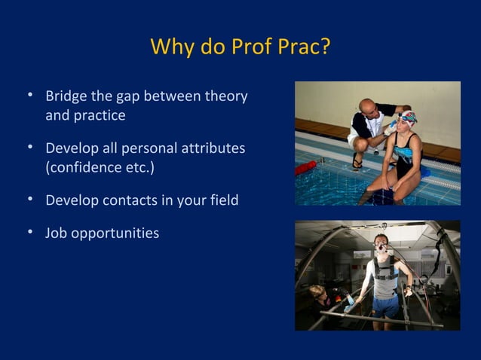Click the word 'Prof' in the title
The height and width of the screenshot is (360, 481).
click(255, 47)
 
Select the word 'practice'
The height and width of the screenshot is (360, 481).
click(100, 116)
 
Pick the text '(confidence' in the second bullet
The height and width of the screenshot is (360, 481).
click(81, 166)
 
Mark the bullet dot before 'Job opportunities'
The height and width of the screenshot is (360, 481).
click(29, 232)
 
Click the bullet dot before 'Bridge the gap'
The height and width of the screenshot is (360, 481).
click(29, 96)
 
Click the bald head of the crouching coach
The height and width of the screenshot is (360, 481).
click(367, 105)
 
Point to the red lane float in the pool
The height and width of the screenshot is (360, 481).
click(306, 167)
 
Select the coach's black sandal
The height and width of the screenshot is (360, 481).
click(357, 163)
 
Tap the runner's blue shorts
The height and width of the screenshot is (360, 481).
click(384, 305)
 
